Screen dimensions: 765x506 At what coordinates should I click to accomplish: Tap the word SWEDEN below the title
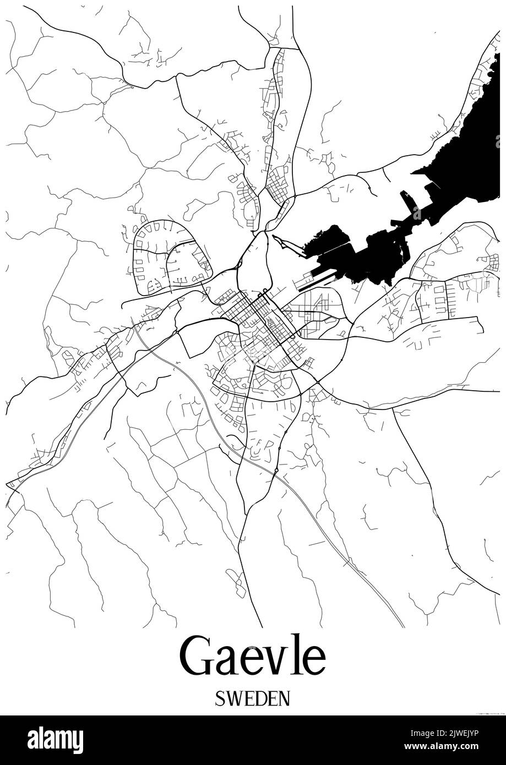(253, 698)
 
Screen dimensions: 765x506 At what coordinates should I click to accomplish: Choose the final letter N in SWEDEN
(283, 698)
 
